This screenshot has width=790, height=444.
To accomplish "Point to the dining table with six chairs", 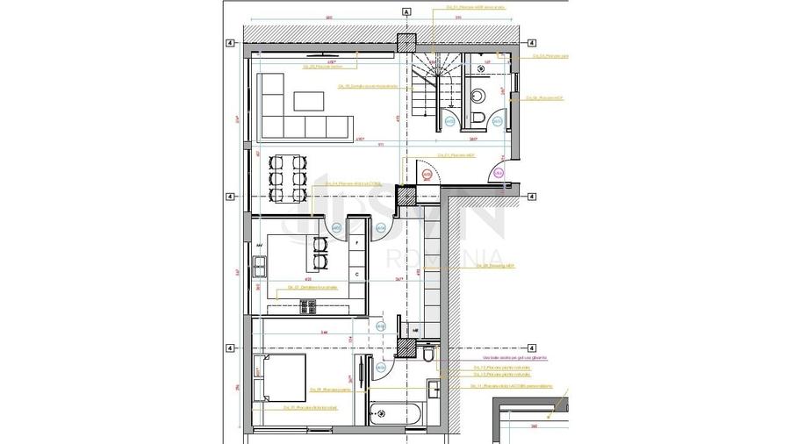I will pos(287,179).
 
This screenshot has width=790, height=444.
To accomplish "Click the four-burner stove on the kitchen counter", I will pos(308,305).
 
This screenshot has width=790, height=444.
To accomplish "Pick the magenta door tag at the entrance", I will pos(498,174).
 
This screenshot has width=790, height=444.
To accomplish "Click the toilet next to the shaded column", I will pos(427,353).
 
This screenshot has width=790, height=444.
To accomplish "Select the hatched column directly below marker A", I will pos(406,42).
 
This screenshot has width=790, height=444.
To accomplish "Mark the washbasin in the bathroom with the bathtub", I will pos(436,389).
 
